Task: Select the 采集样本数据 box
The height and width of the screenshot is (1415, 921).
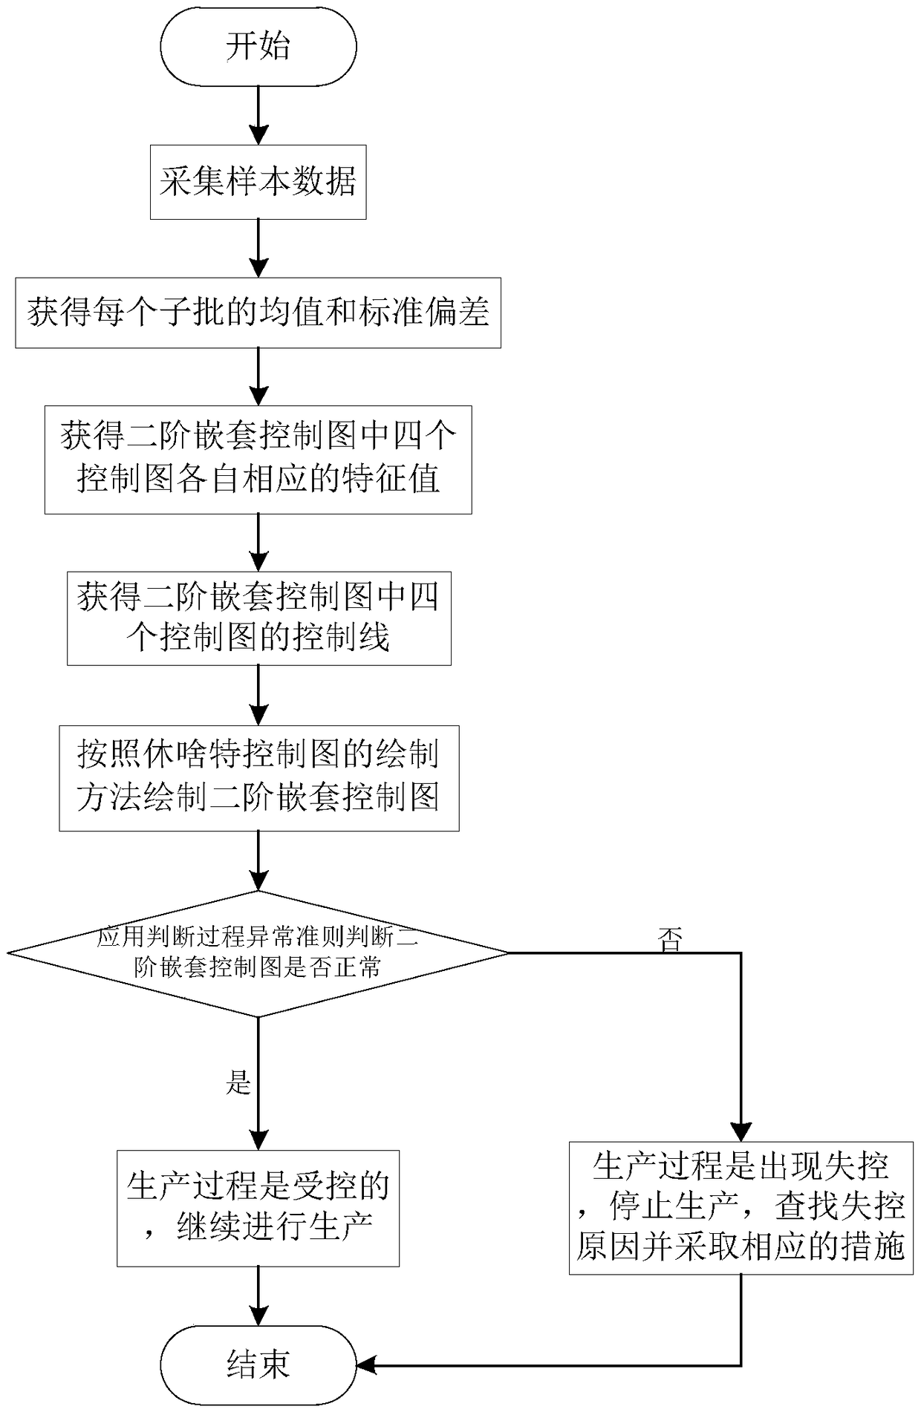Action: point(258,182)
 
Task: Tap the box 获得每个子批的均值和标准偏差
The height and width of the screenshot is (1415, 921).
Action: point(258,313)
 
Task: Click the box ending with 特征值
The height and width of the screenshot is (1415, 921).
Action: point(258,459)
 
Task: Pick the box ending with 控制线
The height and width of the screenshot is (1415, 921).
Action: point(258,618)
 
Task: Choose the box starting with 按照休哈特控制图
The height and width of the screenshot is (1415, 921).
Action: point(258,777)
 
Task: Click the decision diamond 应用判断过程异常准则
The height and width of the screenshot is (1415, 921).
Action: point(258,953)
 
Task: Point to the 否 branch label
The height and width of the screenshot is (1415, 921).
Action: point(670,940)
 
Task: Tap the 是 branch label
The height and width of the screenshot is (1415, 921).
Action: point(238,1083)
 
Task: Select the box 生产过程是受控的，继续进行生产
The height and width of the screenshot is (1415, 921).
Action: point(258,1208)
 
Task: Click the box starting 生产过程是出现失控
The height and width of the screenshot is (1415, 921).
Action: point(741,1207)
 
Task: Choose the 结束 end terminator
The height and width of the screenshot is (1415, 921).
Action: point(258,1365)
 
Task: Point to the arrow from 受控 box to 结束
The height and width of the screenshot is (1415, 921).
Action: point(258,1295)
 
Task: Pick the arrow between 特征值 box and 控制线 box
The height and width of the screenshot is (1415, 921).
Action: point(258,542)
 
